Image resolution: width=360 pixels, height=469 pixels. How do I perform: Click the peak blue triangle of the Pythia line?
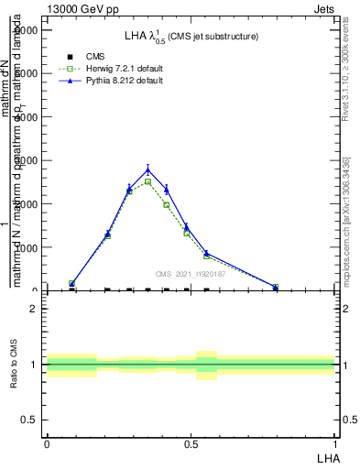(x=148, y=169)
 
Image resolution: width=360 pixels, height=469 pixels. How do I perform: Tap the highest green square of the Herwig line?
(x=148, y=181)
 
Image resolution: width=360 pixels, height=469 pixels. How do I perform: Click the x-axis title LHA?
(x=329, y=456)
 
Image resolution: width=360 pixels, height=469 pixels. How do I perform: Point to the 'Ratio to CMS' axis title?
(x=14, y=365)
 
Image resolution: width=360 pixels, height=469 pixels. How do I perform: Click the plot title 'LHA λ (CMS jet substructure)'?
(x=191, y=37)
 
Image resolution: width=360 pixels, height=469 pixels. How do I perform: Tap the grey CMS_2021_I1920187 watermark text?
(x=191, y=273)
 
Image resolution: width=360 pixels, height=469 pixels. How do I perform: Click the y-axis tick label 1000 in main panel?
(x=28, y=247)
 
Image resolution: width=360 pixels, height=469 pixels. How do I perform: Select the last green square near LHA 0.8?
(x=275, y=288)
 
